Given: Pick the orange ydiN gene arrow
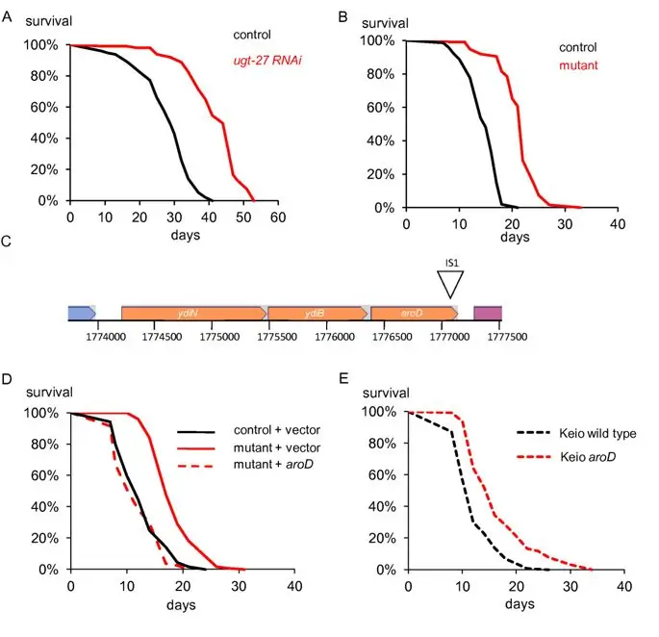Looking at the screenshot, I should [x=193, y=313].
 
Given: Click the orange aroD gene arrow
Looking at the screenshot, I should [x=414, y=313].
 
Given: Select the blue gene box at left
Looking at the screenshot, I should [x=81, y=313].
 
